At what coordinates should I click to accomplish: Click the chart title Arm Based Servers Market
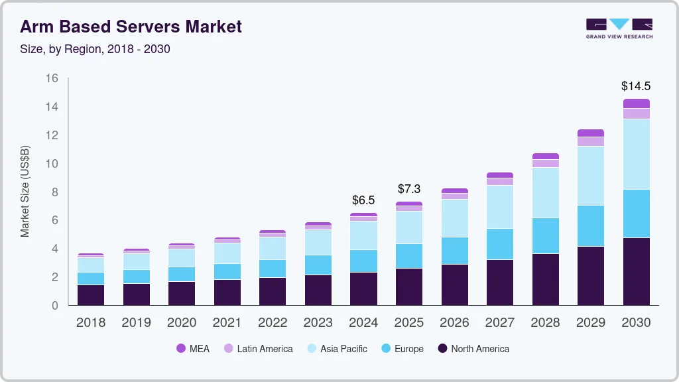point(131,27)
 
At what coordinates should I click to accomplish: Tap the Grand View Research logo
point(619,29)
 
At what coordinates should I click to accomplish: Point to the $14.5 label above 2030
point(635,86)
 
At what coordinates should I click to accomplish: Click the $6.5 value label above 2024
point(363,200)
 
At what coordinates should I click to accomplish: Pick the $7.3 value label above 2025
point(409,189)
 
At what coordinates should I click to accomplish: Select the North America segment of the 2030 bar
point(636,271)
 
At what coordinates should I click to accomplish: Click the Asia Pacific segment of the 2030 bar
point(636,154)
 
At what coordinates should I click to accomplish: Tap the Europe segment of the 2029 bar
point(590,225)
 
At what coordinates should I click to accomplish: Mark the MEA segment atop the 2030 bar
point(636,103)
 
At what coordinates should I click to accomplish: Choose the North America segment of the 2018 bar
point(91,295)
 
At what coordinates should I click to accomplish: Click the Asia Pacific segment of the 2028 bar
point(545,192)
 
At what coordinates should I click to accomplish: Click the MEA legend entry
point(193,349)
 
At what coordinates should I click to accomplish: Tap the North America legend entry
point(473,349)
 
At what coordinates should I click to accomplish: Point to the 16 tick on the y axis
point(52,78)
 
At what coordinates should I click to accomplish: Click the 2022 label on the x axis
point(273,323)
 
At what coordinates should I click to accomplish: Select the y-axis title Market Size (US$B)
point(25,192)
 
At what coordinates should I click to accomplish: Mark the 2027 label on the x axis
point(499,323)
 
